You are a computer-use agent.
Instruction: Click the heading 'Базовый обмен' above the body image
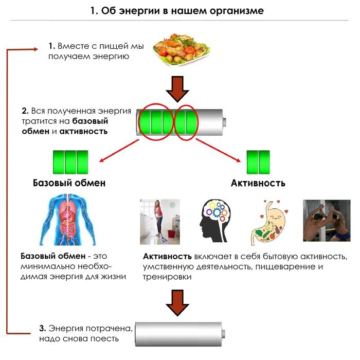[x=69, y=183]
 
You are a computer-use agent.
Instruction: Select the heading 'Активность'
[x=258, y=183]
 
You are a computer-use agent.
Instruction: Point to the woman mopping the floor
[x=159, y=221]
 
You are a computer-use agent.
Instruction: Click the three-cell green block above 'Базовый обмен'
[x=70, y=162]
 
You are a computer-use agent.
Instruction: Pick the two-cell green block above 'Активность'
[x=258, y=162]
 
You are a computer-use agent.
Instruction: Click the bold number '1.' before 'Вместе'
[x=52, y=46]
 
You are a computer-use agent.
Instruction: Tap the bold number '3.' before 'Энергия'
[x=43, y=328]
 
